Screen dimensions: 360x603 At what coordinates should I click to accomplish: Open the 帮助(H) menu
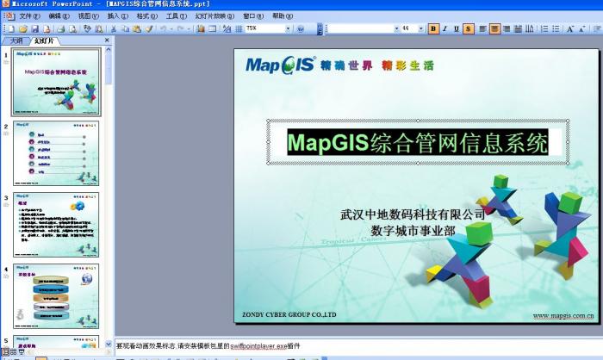(x=283, y=16)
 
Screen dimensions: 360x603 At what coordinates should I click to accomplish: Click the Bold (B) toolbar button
(x=433, y=28)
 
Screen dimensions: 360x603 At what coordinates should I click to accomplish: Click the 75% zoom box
(x=264, y=28)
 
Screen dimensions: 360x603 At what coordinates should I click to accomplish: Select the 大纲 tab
(x=16, y=40)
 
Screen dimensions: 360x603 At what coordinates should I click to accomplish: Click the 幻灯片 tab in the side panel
(x=43, y=40)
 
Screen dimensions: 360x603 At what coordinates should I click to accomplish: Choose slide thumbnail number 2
(x=56, y=152)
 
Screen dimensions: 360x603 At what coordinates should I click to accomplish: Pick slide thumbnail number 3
(x=56, y=225)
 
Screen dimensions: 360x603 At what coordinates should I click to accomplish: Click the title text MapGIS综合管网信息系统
(x=416, y=142)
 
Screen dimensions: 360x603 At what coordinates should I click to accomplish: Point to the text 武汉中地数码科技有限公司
(x=413, y=214)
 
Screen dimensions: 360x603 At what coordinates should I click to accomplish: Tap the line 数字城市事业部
(x=413, y=231)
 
